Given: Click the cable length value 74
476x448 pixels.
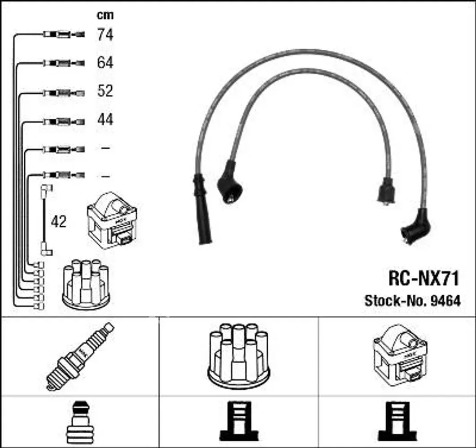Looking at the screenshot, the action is click(105, 34).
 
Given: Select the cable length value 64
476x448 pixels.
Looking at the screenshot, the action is click(105, 63).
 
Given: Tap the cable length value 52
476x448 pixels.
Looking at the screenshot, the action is click(105, 90).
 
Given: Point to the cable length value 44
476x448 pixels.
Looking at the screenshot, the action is click(105, 119).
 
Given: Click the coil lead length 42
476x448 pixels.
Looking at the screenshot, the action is click(59, 222).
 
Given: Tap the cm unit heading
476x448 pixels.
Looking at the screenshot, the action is click(105, 15).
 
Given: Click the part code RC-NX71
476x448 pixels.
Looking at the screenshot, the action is click(424, 278).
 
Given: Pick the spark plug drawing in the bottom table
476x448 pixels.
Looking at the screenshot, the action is click(80, 357).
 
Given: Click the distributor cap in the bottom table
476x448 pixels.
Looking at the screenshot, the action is click(239, 356).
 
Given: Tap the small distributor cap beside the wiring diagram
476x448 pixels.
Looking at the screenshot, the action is click(86, 284).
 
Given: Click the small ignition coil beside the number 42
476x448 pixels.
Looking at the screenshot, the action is click(112, 220).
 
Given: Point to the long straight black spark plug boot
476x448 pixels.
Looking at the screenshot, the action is click(201, 209).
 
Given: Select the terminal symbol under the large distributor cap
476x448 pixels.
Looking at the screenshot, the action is click(239, 421).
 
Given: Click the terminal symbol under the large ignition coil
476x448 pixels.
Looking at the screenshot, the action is click(397, 421).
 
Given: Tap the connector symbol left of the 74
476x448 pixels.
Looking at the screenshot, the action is click(64, 34).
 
